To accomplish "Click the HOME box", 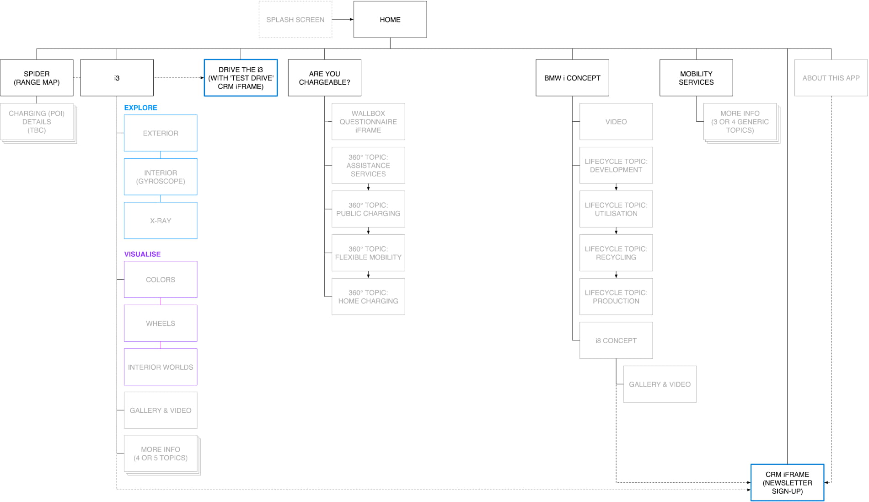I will pos(390,19).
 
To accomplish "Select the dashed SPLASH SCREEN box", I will pos(295,19).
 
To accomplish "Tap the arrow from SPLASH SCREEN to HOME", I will pos(343,19).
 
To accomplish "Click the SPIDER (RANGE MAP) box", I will pos(37,78).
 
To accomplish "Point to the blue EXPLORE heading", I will pos(140,108).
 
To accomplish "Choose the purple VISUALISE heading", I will pos(142,254).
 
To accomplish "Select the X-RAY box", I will pos(161,221).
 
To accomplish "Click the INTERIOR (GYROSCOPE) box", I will pos(161,177).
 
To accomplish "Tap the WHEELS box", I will pos(161,323).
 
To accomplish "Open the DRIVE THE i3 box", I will pos(241,78).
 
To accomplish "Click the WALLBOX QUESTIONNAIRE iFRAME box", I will pos(368,121).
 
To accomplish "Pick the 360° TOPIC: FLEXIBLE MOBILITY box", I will pos(368,253).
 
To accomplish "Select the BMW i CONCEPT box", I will pos(572,78).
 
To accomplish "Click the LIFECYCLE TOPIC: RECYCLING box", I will pos(616,253).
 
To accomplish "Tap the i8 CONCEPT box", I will pos(616,340).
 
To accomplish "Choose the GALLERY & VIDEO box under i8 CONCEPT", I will pos(660,384).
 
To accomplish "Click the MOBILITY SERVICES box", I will pos(696,78).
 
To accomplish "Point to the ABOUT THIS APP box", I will pos(831,78).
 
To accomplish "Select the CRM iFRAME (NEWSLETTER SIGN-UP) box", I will pos(787,482).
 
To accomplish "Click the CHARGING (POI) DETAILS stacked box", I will pos(37,121).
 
